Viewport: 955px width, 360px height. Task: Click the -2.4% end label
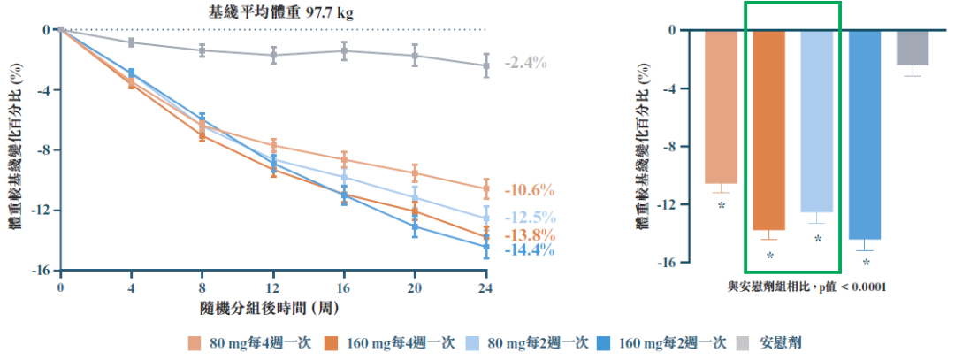pos(526,64)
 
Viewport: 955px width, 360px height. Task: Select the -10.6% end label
pos(529,190)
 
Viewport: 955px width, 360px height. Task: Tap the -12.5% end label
pos(529,218)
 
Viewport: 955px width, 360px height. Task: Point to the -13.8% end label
pos(529,235)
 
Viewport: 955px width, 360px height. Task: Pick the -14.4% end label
pos(529,250)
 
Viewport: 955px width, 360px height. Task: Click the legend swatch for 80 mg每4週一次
pos(193,342)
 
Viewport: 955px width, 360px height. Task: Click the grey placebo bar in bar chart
pos(913,48)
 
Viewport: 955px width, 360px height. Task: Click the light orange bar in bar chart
pos(721,107)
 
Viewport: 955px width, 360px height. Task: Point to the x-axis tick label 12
pos(272,288)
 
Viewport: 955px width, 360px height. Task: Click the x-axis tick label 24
pos(485,288)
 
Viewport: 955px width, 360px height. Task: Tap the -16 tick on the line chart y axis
pos(41,271)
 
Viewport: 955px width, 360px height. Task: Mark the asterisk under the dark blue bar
pos(866,263)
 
